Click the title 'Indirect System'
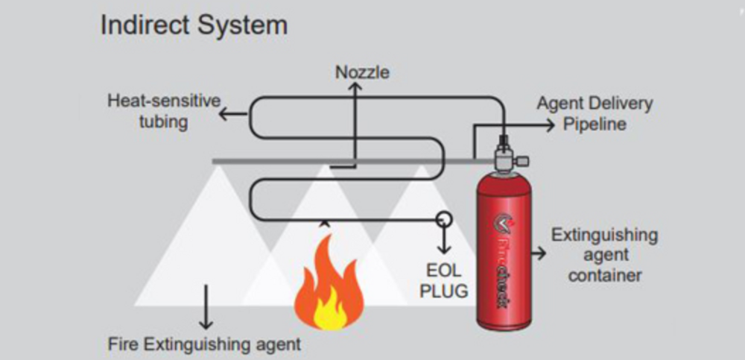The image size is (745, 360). click(194, 25)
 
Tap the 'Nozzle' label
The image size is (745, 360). click(362, 72)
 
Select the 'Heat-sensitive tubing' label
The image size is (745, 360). click(163, 110)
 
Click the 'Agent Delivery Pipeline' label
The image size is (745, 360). click(594, 113)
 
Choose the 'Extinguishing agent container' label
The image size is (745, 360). click(604, 255)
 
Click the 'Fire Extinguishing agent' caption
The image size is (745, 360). click(205, 344)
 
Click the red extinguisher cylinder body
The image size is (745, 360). click(504, 246)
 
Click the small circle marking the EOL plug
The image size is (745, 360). click(444, 218)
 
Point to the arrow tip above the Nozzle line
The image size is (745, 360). click(355, 86)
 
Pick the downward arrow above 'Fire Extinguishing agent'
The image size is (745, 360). click(206, 317)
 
